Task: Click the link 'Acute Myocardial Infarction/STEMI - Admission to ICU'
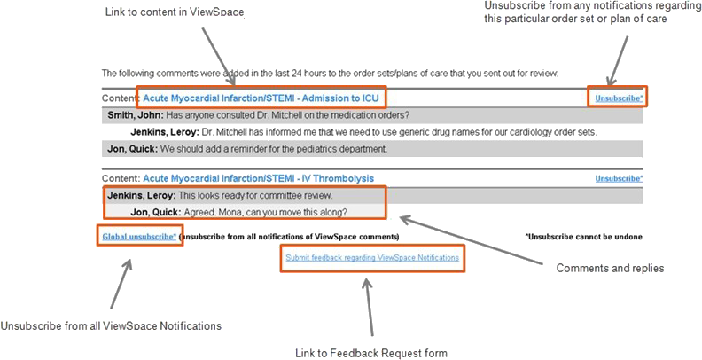tap(261, 98)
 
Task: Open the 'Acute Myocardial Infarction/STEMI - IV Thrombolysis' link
tap(258, 178)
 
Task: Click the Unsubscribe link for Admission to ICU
tap(620, 98)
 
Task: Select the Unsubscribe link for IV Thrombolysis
tap(620, 178)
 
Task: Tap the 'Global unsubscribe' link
tap(139, 237)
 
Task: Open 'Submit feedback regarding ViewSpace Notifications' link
tap(372, 258)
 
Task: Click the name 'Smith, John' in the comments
tap(136, 115)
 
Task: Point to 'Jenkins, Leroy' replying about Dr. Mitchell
tap(165, 132)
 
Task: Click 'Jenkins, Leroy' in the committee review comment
tap(142, 196)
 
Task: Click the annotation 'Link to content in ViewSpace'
tap(175, 12)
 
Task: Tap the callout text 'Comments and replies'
tap(610, 268)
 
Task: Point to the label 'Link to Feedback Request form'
tap(371, 353)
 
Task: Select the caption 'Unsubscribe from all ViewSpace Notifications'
tap(111, 326)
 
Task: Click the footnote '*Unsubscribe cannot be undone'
tap(584, 237)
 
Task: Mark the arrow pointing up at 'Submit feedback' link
tap(370, 308)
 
